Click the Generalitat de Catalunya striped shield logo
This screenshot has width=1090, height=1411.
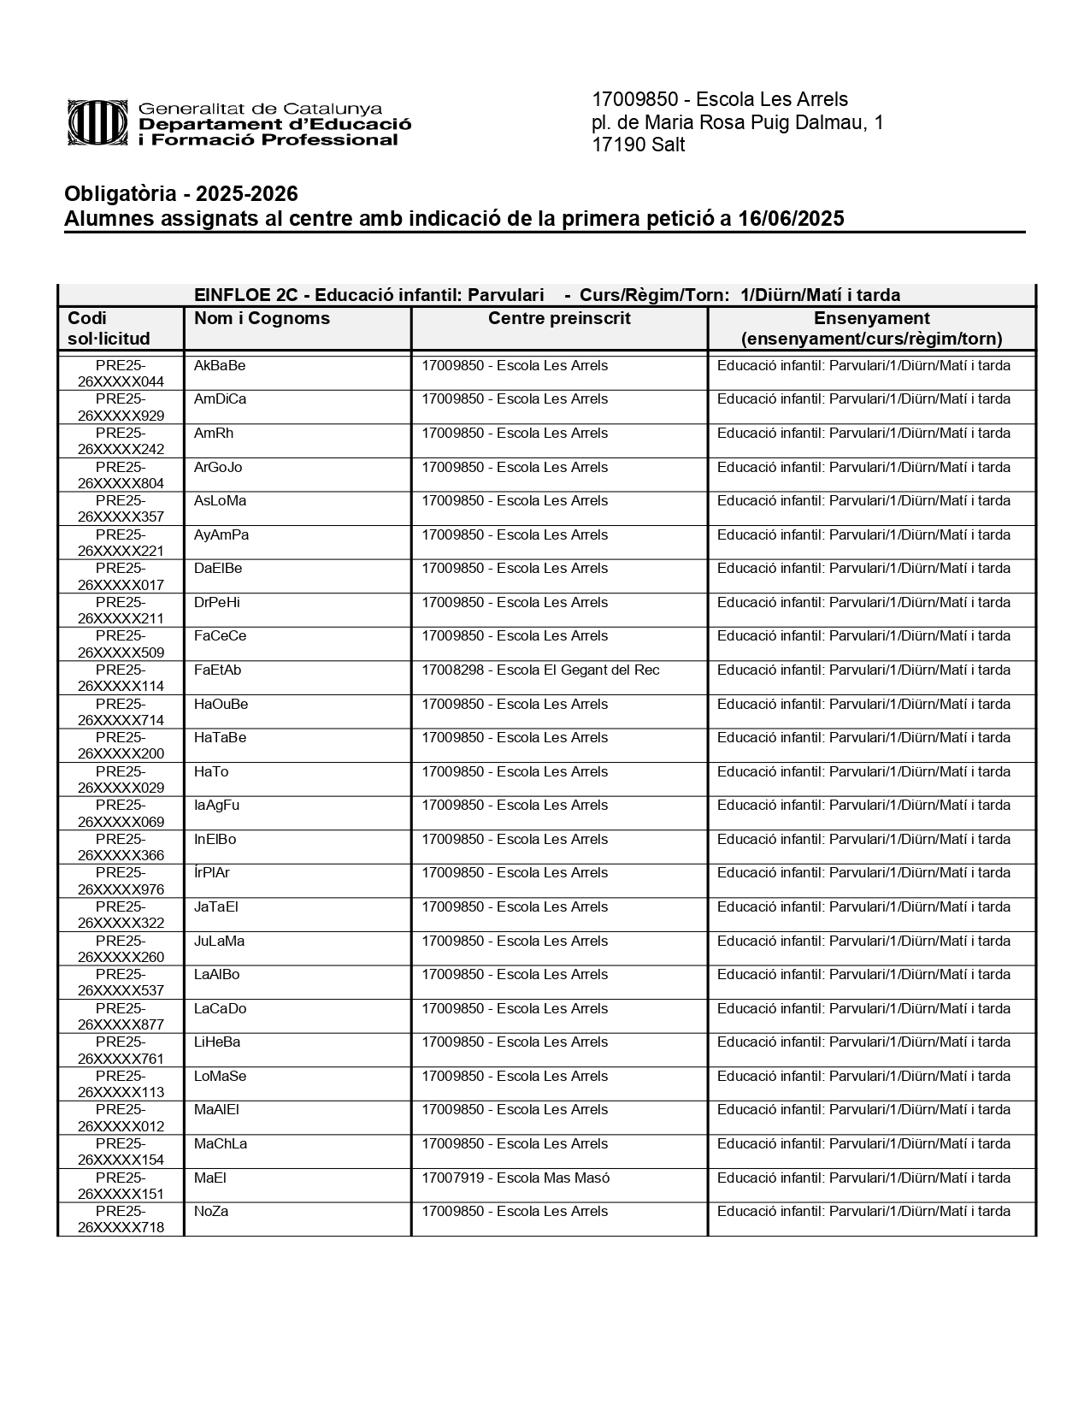[x=100, y=123]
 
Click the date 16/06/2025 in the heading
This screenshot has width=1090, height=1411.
[x=791, y=219]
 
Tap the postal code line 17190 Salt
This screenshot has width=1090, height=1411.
[x=638, y=145]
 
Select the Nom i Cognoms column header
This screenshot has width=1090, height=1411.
[x=262, y=319]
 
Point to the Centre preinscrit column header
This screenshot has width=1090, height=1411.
[x=559, y=319]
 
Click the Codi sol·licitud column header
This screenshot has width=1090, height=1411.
[x=109, y=328]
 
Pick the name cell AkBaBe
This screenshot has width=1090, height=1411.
[x=220, y=366]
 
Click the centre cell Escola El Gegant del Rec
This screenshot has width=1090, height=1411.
[x=540, y=670]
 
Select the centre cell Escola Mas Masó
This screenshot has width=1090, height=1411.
[x=516, y=1178]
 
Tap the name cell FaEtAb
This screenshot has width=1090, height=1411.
[x=217, y=670]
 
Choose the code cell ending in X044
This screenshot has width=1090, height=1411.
[x=121, y=374]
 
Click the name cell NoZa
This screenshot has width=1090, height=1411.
[x=211, y=1212]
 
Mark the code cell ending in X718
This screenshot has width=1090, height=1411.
[x=121, y=1219]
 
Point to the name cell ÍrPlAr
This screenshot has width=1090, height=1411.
[x=212, y=873]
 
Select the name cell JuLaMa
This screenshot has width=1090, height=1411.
[x=219, y=942]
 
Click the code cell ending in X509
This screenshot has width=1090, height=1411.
[x=121, y=644]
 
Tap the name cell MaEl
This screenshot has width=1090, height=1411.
[x=209, y=1178]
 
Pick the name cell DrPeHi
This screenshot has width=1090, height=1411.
[x=216, y=603]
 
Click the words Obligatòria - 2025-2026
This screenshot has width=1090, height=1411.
[x=181, y=194]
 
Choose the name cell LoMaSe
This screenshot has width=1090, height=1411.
[x=220, y=1077]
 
